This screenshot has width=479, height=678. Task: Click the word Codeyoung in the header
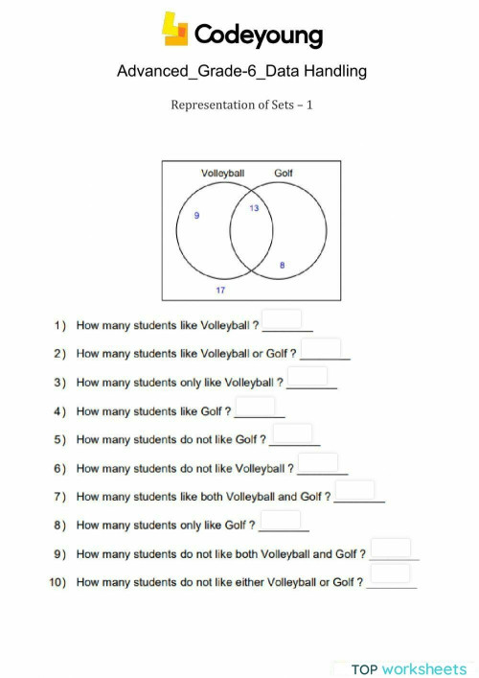(x=259, y=35)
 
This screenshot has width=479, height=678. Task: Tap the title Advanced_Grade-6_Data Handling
(x=241, y=71)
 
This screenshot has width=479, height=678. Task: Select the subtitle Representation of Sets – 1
(x=241, y=105)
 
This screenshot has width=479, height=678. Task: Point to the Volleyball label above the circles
(x=222, y=174)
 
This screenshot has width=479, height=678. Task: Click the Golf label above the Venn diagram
(x=284, y=174)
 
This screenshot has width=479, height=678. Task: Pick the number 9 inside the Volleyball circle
(x=196, y=217)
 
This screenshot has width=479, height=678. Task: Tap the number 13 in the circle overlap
(x=254, y=207)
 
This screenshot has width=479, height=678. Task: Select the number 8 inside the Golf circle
(x=282, y=265)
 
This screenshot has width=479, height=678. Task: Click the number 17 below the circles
(x=220, y=289)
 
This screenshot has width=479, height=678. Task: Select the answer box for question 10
(x=390, y=574)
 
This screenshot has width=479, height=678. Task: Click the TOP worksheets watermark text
(x=409, y=668)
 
